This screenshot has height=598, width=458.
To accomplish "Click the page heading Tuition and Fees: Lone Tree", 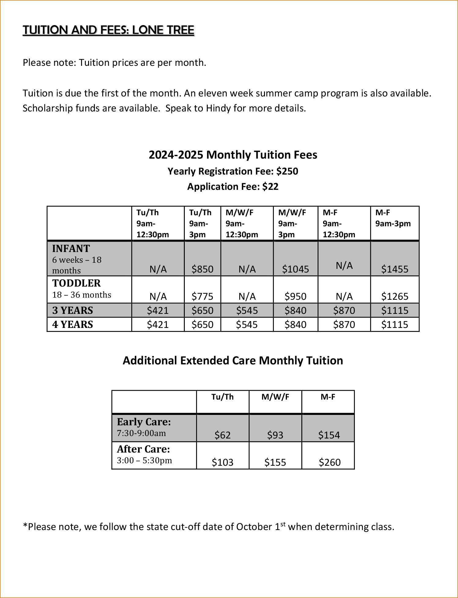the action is click(108, 30).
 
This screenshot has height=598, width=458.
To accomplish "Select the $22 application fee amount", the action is click(270, 186).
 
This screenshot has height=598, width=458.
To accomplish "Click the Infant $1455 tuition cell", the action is click(394, 269).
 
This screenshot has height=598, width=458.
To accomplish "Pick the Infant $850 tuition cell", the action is click(202, 269).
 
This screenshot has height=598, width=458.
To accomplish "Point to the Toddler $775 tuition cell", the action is click(202, 296).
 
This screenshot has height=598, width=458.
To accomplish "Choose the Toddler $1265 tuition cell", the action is click(394, 296).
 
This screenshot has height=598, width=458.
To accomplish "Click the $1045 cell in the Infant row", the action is click(295, 269).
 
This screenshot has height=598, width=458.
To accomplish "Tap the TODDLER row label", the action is click(76, 283).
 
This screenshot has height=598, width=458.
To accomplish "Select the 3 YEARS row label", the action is click(73, 310).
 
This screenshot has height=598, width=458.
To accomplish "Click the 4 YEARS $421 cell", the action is click(158, 324).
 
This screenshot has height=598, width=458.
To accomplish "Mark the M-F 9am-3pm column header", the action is click(393, 218).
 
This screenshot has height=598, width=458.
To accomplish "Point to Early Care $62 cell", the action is click(222, 435).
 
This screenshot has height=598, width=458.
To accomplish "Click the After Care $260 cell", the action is click(330, 462).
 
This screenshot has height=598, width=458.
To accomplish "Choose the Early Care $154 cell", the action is click(329, 435).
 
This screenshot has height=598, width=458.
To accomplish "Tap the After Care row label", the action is click(143, 449).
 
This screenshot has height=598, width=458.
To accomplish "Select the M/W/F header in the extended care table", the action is click(275, 397).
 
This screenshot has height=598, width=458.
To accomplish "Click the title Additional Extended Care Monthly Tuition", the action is click(233, 360).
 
